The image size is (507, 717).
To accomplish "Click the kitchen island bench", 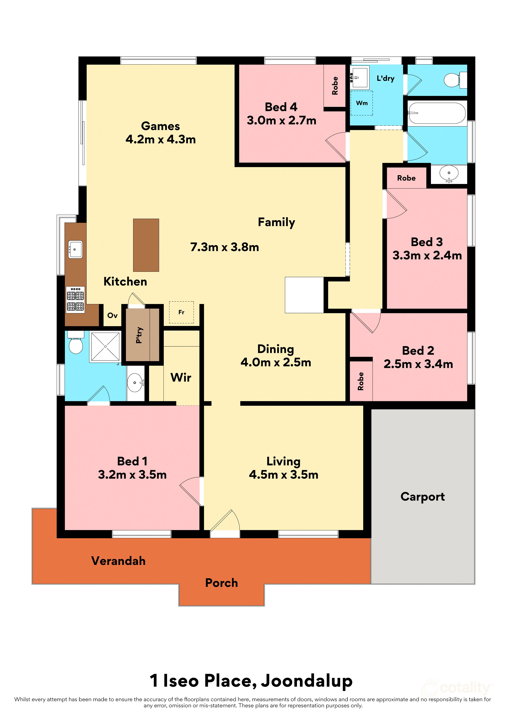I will [x=146, y=245].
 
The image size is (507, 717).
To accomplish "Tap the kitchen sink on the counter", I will [x=75, y=249].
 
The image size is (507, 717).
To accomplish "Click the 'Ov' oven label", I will [x=112, y=315].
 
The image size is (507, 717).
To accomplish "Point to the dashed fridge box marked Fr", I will [x=181, y=312].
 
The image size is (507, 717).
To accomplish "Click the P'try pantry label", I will [x=139, y=335].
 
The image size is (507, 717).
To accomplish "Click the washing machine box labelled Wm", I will [x=361, y=103].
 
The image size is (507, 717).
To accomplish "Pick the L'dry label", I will [x=386, y=78].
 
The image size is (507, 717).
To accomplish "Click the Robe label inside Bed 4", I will [x=335, y=86].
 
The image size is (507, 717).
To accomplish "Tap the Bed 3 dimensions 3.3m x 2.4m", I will [x=427, y=255].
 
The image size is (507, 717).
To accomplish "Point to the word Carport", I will [x=422, y=496].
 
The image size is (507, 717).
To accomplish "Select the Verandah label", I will [x=118, y=561].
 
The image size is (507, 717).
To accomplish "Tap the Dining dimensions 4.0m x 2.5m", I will [x=276, y=362].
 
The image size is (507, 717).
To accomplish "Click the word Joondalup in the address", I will [x=307, y=681].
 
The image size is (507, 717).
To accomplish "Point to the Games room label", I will [x=160, y=126].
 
